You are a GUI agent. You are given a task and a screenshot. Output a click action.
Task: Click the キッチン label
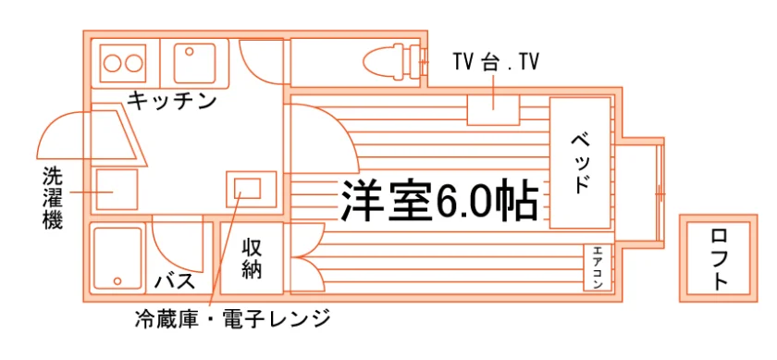[172, 101]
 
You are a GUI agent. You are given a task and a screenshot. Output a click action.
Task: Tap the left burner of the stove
[113, 64]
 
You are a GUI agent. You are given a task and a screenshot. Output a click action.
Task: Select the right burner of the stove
[134, 64]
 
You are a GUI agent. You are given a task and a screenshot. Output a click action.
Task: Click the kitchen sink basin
[194, 63]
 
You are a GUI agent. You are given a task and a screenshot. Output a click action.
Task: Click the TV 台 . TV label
[495, 63]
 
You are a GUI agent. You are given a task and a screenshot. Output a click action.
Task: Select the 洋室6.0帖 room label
[438, 200]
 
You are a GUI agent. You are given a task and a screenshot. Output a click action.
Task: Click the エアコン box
[598, 267]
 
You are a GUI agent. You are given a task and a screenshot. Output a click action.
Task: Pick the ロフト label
[719, 259]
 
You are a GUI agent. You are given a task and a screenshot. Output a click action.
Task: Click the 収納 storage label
[252, 258]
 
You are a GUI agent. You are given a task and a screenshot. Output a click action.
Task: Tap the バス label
[174, 281]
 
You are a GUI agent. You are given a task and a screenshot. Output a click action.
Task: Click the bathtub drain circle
[117, 281]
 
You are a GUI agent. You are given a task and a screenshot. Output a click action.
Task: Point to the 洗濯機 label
[53, 198]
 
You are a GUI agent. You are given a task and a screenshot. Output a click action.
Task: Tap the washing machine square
[117, 190]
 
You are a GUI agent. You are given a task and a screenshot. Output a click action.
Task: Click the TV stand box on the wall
[493, 110]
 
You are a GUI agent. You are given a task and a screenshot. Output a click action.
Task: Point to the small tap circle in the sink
[189, 51]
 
